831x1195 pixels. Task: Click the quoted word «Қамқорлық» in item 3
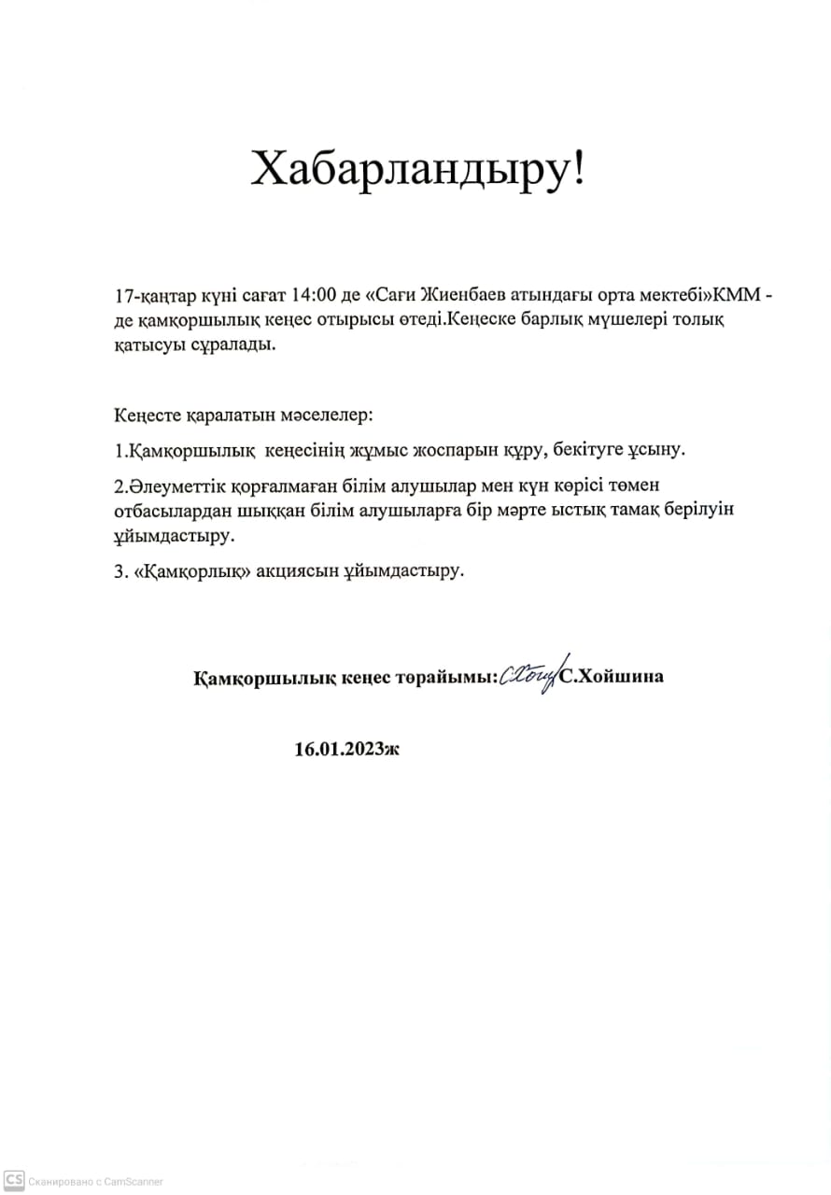coord(200,571)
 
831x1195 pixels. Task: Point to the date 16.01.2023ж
coord(345,749)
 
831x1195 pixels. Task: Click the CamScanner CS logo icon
coord(13,1181)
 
